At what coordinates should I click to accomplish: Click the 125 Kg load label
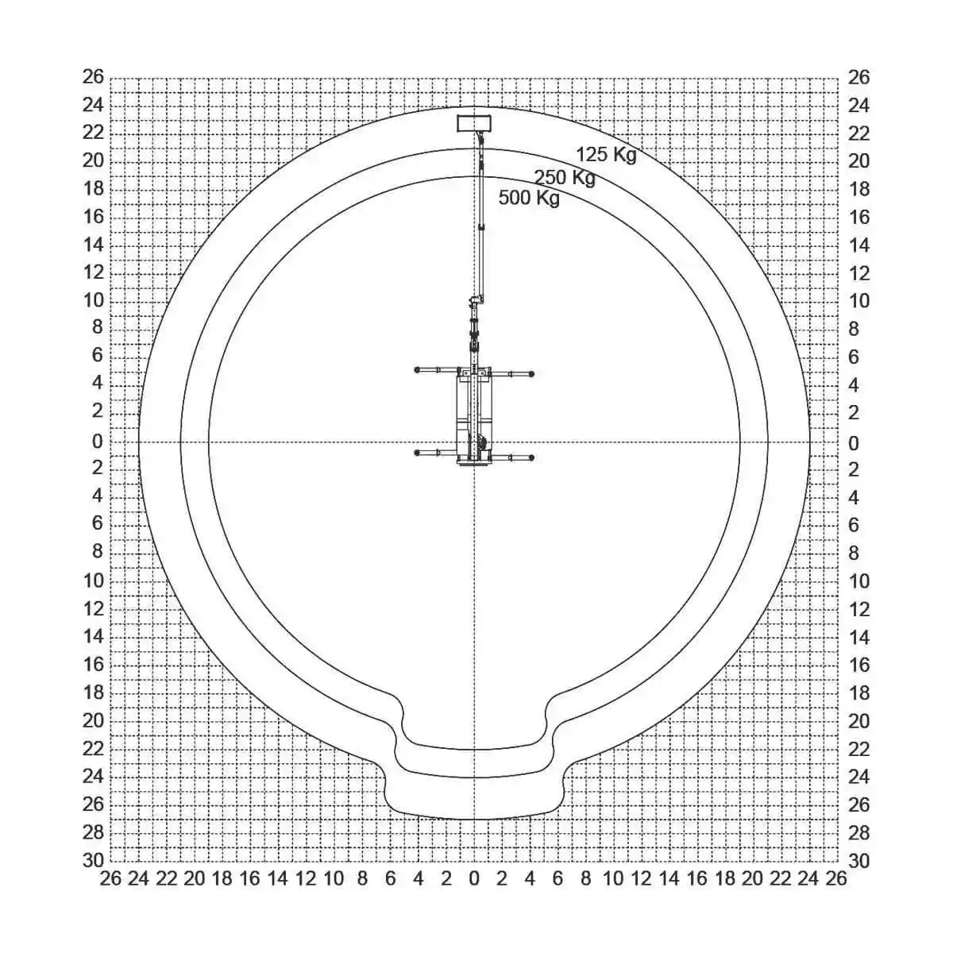[606, 155]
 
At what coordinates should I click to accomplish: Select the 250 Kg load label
[565, 178]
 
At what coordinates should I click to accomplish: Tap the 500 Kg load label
[529, 198]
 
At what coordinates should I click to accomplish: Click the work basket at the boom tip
[473, 123]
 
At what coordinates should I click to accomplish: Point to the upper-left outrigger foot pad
[417, 369]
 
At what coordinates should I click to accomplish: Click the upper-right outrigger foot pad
[531, 374]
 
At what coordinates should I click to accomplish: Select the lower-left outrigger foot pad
[417, 453]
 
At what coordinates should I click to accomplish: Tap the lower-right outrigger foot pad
[531, 457]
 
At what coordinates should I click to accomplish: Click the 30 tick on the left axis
[93, 861]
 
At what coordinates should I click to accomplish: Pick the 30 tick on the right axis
[858, 861]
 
